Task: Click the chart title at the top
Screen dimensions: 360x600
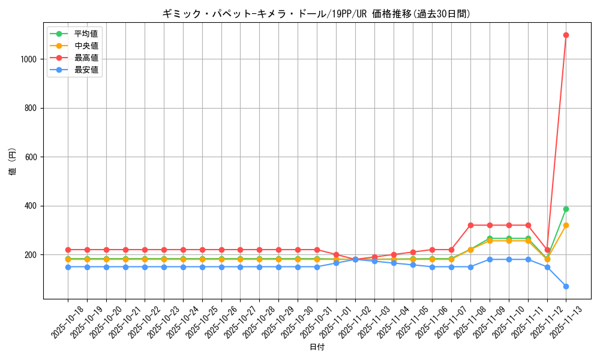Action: tap(316, 13)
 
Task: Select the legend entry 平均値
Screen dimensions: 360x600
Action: tap(86, 33)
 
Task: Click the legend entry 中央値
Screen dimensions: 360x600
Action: tap(86, 46)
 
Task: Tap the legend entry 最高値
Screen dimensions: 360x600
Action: tap(86, 58)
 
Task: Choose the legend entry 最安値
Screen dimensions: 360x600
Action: tap(86, 70)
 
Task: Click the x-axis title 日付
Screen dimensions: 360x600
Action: tap(316, 347)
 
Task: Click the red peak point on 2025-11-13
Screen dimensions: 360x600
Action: tap(566, 35)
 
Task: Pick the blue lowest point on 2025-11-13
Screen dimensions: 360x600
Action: tap(566, 286)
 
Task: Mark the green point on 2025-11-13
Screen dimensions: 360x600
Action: tap(566, 209)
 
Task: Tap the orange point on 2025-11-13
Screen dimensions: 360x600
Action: tap(566, 225)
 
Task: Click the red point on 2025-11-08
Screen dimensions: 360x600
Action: tap(470, 225)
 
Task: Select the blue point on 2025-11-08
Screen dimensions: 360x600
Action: tap(470, 267)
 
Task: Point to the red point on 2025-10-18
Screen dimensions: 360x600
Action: tap(68, 250)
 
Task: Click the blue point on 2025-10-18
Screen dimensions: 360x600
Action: tap(68, 267)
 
